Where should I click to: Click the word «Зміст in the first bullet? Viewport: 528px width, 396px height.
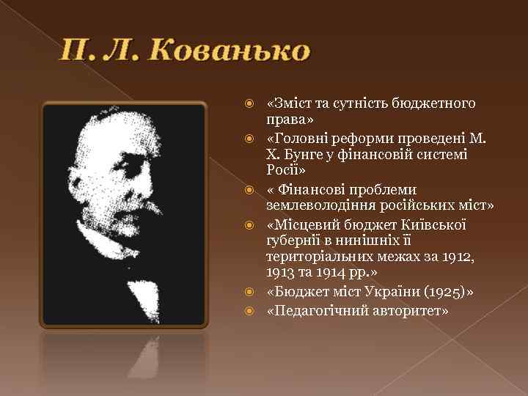click(x=287, y=103)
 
